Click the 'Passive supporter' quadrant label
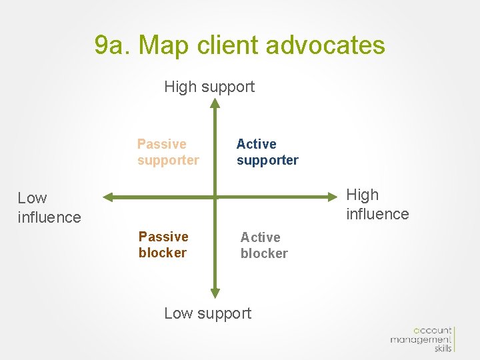[168, 152]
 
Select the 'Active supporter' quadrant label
[267, 152]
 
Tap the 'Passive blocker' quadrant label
[163, 245]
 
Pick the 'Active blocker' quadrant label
[264, 245]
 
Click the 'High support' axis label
[209, 87]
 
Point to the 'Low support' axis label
[208, 313]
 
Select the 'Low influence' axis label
[49, 207]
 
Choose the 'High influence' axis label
[377, 204]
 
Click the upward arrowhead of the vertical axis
[215, 103]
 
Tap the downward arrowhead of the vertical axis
[215, 292]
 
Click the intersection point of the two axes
[215, 197]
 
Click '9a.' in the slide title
[113, 45]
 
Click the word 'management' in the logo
[421, 340]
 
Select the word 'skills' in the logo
[443, 349]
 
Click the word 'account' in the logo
[433, 331]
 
